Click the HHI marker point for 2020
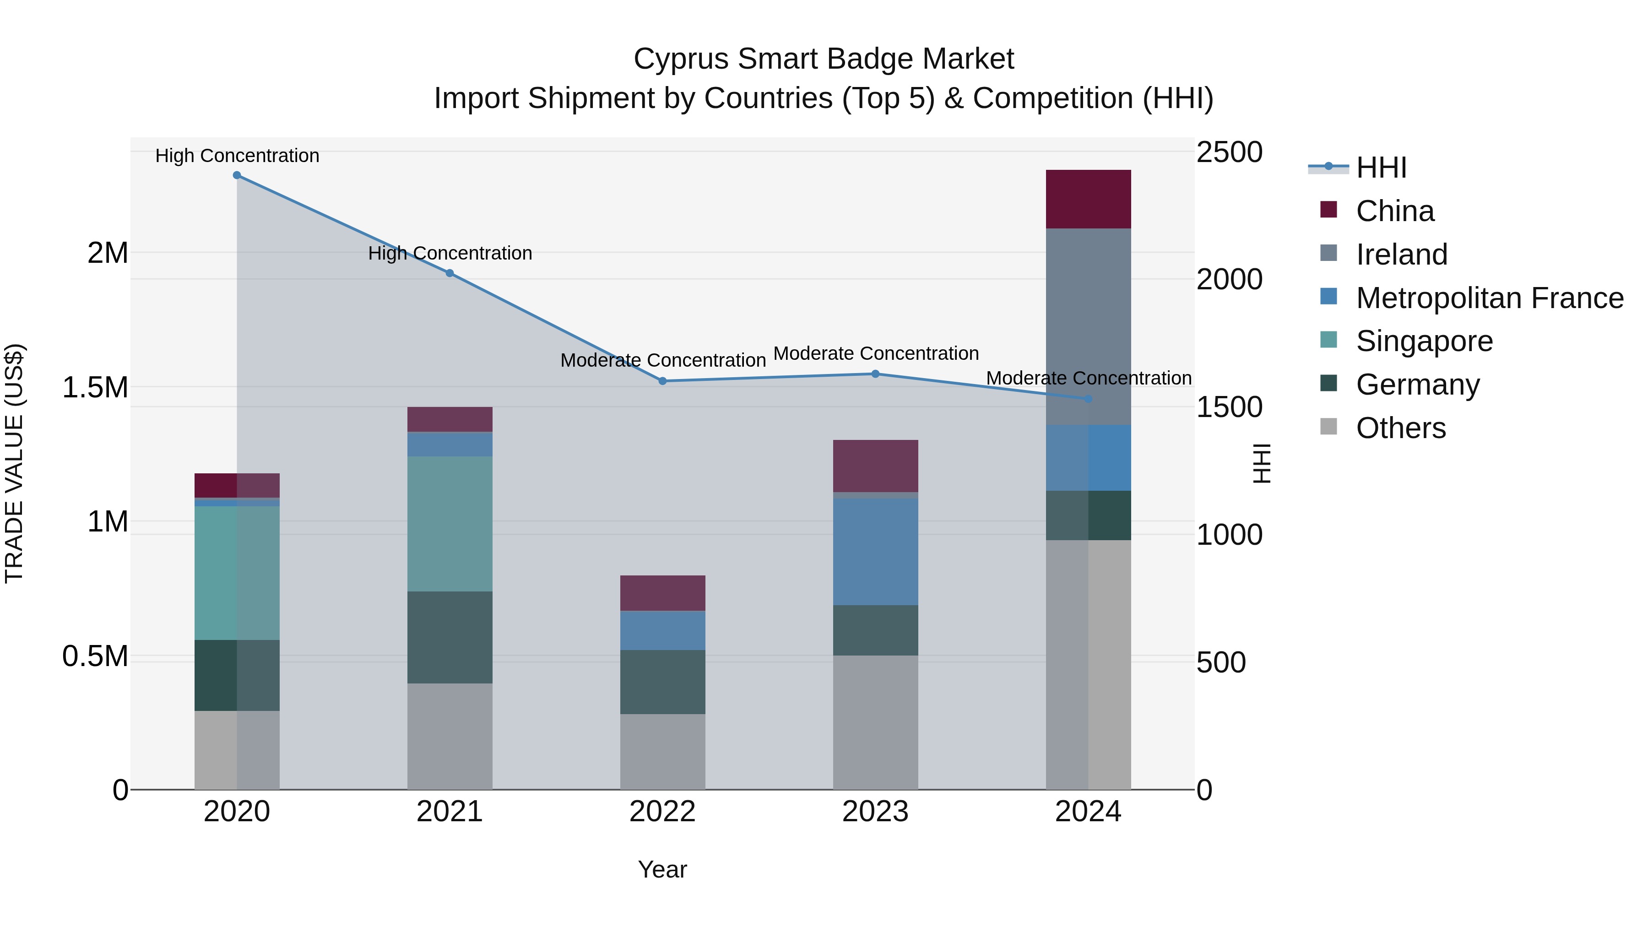[237, 175]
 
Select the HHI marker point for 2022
[663, 381]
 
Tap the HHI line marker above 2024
[1088, 399]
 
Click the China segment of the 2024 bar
[1088, 199]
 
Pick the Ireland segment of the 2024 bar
[1088, 326]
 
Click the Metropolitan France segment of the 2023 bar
[875, 552]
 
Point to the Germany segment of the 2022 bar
[663, 682]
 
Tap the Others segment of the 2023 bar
[875, 722]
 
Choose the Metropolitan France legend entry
[1489, 298]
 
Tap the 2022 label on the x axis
[663, 812]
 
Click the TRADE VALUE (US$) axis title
[14, 463]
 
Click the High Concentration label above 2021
[450, 253]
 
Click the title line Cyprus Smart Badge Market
[824, 59]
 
